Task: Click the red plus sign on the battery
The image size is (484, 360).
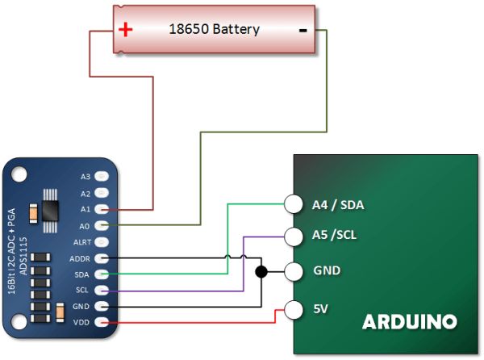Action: tap(126, 29)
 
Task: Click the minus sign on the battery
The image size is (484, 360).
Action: tap(302, 29)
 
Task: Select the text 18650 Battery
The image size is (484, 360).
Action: tap(214, 29)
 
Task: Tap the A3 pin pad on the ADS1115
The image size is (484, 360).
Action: tap(102, 176)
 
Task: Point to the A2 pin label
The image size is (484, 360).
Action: tap(86, 193)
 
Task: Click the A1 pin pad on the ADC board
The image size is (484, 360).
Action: tap(102, 209)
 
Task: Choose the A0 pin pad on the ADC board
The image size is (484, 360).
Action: tap(102, 225)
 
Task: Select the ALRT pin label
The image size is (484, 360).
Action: tap(82, 242)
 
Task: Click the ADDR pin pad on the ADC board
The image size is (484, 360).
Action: tap(102, 258)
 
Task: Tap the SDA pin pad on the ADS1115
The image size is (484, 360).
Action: tap(102, 274)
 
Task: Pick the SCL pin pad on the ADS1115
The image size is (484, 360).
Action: tap(102, 290)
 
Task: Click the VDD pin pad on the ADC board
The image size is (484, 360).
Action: tap(102, 322)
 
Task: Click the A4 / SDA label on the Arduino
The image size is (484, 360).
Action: tap(338, 205)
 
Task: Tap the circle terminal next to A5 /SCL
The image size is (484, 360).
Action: tap(294, 236)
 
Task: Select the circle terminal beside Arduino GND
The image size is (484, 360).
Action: tap(294, 271)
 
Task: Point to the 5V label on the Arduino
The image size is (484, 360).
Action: tap(320, 307)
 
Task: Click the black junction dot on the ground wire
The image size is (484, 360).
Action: tap(261, 272)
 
